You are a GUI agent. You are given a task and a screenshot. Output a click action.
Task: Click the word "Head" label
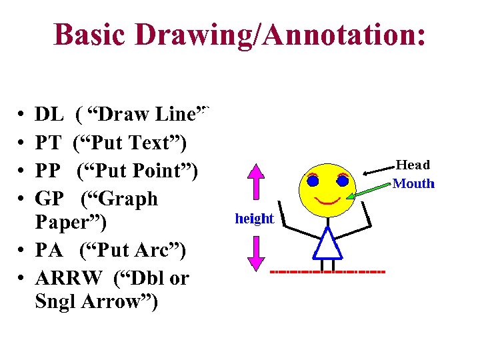click(413, 165)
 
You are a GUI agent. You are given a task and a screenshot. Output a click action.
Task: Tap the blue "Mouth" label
click(413, 183)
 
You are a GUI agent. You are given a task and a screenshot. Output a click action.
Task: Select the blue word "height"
click(254, 218)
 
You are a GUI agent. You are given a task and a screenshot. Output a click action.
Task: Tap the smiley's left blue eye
click(313, 181)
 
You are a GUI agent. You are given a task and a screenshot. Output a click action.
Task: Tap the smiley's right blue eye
click(343, 181)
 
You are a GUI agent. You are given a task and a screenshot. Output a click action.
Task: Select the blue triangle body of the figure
click(327, 245)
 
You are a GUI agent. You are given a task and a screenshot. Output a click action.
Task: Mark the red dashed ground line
click(328, 273)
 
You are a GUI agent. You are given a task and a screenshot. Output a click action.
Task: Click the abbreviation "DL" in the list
click(49, 115)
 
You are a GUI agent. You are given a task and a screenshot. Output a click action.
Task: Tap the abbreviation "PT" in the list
click(49, 143)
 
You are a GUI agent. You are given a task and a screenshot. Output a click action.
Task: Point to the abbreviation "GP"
click(49, 199)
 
